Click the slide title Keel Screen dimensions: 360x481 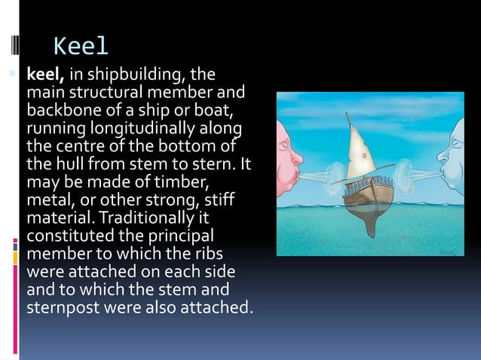click(x=81, y=47)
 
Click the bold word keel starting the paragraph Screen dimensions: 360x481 click(x=47, y=75)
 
